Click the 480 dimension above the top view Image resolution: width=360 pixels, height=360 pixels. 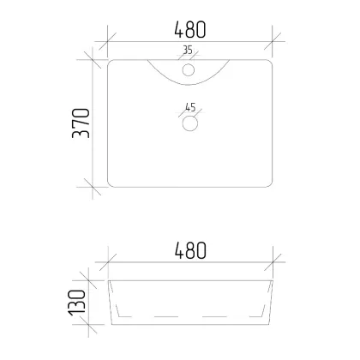point(190,29)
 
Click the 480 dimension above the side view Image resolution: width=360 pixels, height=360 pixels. point(190,250)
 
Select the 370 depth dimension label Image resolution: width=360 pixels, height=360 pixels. point(81,123)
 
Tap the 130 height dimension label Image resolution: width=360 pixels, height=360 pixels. point(77,303)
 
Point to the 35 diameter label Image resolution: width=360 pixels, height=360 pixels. point(188,50)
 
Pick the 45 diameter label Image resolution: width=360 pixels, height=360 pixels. point(190,107)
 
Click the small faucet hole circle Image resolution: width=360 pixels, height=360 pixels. point(189,70)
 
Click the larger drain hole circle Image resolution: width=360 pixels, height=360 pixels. point(190,123)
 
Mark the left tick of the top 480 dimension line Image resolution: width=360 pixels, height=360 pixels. point(108,41)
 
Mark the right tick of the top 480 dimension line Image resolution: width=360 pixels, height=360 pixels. point(273,41)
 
